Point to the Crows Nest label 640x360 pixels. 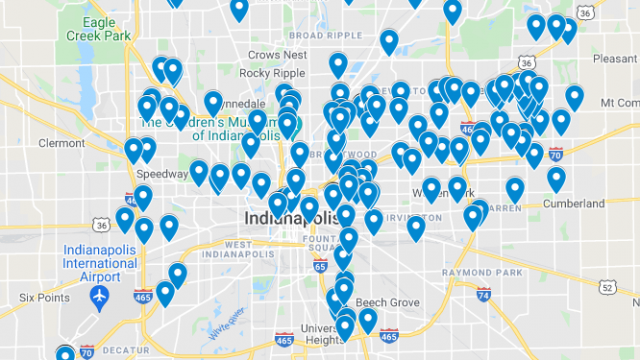[x=277, y=55]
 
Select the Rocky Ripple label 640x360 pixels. [x=270, y=72]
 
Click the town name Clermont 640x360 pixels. [x=62, y=142]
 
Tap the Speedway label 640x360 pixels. [x=161, y=173]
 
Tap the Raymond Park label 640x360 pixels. [x=495, y=272]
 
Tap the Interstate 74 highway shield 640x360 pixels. [x=484, y=295]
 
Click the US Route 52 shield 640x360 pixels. [x=607, y=288]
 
